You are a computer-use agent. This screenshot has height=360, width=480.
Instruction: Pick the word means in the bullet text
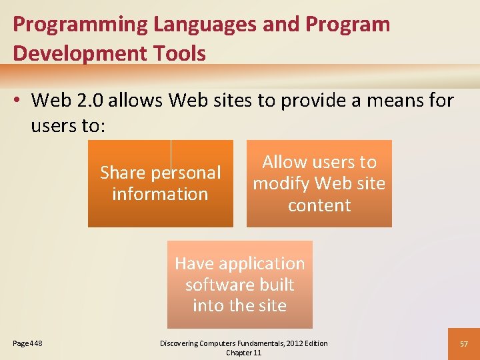(396, 101)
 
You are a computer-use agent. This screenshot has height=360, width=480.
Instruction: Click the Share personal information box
(161, 183)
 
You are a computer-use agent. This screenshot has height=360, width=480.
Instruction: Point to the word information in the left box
(160, 194)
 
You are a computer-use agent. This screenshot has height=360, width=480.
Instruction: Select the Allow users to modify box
(319, 183)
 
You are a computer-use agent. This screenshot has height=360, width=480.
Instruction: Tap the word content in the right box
(319, 205)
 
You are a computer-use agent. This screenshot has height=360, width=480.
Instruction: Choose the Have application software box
(239, 285)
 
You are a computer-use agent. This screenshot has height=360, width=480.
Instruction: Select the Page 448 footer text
(28, 343)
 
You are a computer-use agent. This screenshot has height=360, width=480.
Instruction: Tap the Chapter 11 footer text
(243, 353)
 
